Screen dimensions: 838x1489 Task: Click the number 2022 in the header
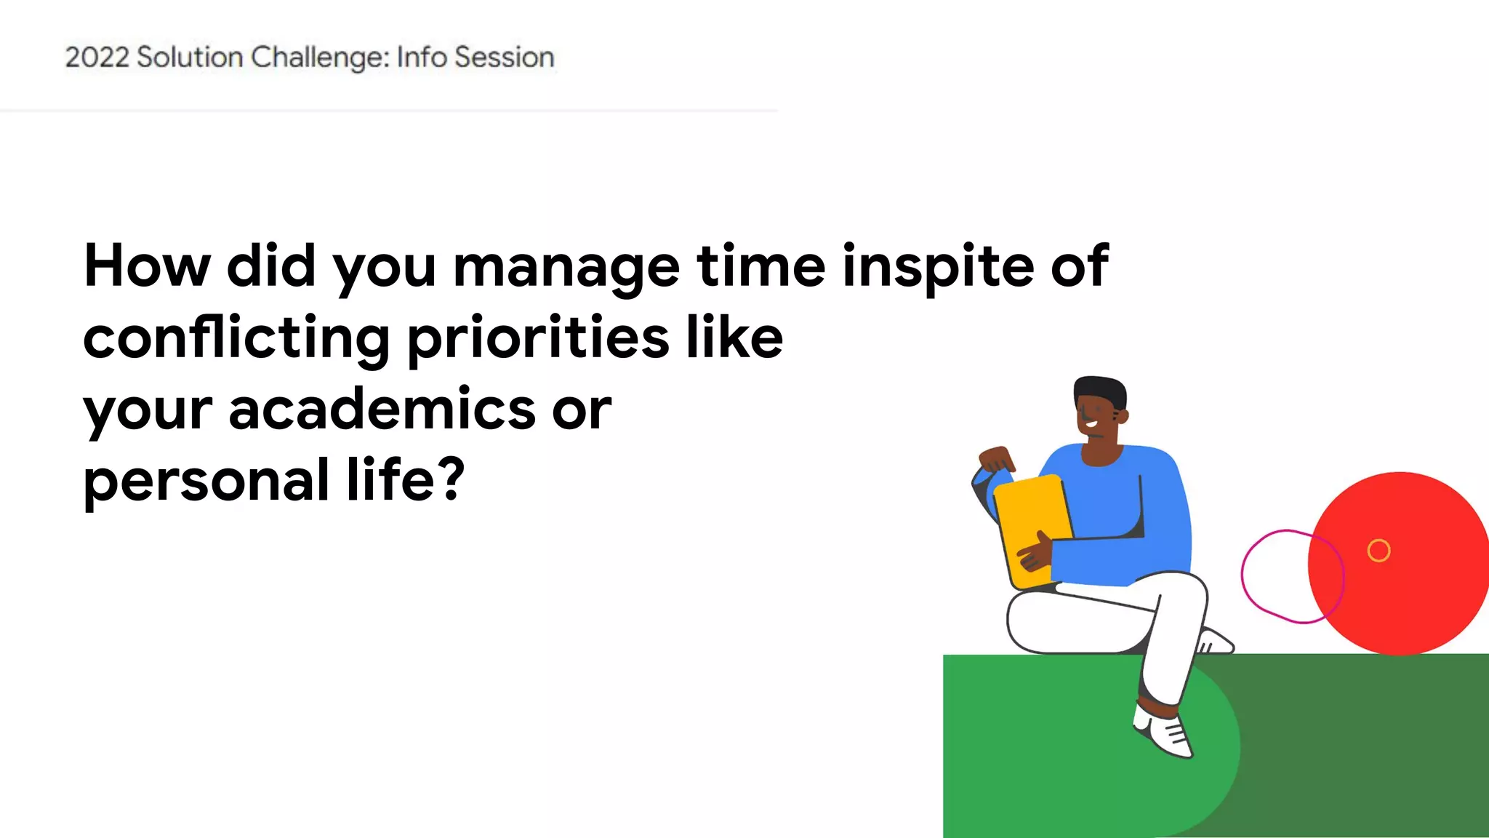(97, 57)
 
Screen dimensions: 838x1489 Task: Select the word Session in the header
(504, 57)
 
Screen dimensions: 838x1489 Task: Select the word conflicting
(236, 339)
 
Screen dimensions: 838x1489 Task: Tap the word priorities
(538, 339)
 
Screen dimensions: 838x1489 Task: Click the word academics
(382, 409)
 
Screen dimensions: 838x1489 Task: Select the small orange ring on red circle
(1378, 551)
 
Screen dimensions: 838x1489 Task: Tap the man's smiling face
(1094, 418)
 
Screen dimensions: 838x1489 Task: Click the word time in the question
(760, 266)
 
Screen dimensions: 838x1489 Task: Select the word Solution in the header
(190, 57)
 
